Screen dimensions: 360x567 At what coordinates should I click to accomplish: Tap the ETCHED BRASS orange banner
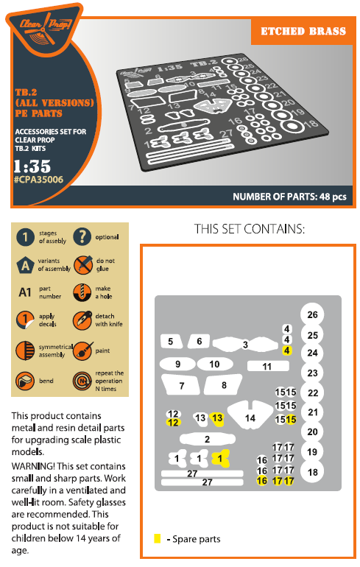point(303,31)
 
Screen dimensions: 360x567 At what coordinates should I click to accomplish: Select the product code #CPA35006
point(39,180)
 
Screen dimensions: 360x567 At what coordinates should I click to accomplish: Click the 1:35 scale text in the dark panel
point(32,166)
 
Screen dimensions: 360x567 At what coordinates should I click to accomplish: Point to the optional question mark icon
point(82,237)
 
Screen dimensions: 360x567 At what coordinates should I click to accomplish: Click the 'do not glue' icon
point(82,264)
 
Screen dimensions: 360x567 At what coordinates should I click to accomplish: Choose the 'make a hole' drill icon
point(82,292)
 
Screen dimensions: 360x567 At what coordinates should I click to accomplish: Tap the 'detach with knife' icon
point(82,320)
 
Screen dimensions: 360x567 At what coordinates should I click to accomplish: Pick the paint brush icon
point(82,351)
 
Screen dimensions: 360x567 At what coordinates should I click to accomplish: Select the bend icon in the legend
point(25,381)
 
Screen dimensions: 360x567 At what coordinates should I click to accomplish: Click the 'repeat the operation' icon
point(82,381)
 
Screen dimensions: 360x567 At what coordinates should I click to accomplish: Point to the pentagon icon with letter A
point(25,265)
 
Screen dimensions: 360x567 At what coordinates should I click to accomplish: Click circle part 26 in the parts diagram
point(312,314)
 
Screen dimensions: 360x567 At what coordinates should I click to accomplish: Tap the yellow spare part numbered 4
point(287,351)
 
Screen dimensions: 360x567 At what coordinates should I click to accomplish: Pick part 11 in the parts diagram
point(268,366)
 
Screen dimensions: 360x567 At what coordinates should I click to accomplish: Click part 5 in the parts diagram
point(171,342)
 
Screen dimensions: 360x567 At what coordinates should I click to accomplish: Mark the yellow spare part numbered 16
point(262,481)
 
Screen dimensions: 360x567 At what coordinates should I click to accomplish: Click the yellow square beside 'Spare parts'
point(158,538)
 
